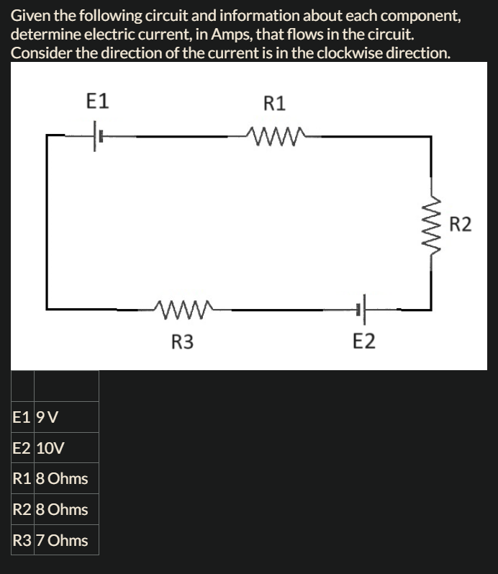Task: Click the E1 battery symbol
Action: (x=97, y=135)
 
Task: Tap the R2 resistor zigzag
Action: (x=431, y=224)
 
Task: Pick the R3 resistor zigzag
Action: (x=183, y=310)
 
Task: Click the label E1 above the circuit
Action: (x=97, y=101)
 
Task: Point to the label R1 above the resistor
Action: (x=274, y=104)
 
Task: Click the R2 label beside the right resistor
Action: (x=461, y=225)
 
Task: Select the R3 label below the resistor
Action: (x=183, y=341)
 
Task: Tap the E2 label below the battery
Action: (x=365, y=341)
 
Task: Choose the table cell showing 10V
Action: (x=50, y=448)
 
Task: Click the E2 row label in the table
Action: (x=22, y=448)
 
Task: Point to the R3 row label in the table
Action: (x=22, y=540)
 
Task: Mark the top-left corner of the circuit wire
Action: (x=47, y=135)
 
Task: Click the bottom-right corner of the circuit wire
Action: (x=431, y=310)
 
